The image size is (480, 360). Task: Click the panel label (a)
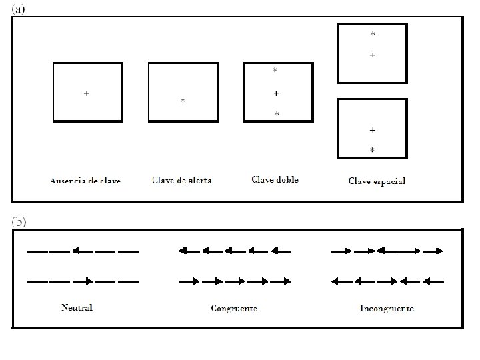(x=19, y=9)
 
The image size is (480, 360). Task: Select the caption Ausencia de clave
(x=85, y=181)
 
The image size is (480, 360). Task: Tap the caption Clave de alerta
(x=181, y=180)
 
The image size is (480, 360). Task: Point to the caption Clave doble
(x=275, y=179)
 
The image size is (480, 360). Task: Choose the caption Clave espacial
(x=377, y=181)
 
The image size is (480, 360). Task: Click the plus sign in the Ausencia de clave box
(x=87, y=93)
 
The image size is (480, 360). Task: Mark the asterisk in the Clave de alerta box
(x=183, y=101)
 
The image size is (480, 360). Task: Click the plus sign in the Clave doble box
(x=276, y=93)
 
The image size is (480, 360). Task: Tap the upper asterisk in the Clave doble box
(x=275, y=70)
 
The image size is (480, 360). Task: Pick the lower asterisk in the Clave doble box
(x=277, y=115)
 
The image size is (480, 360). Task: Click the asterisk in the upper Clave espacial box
(x=372, y=34)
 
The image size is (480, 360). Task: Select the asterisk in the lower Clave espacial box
(x=372, y=151)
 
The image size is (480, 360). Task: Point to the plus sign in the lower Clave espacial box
(x=372, y=129)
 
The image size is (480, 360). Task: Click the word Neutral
(x=77, y=307)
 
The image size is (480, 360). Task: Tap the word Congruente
(x=234, y=308)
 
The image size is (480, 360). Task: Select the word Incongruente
(x=387, y=308)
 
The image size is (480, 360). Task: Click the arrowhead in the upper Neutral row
(x=76, y=251)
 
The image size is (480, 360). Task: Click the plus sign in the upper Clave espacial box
(x=372, y=55)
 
